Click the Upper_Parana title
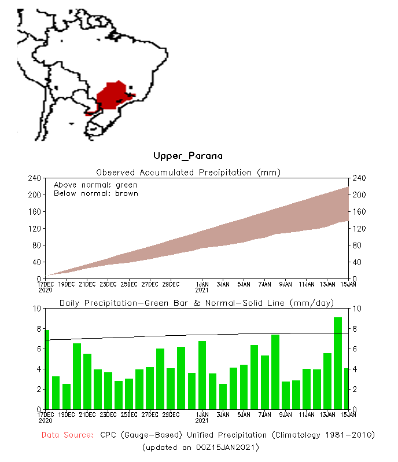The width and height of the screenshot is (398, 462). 187,156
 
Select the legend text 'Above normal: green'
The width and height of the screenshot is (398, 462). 95,185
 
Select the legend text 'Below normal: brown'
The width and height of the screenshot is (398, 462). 95,193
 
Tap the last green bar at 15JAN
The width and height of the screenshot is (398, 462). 347,388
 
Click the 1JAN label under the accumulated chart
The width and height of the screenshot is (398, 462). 202,284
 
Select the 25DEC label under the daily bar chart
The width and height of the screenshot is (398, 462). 129,415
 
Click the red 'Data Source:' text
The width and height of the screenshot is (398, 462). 67,435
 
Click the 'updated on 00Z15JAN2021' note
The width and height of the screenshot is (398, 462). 200,448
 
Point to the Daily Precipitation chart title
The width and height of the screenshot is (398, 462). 197,303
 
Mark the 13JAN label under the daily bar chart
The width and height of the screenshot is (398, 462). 327,415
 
